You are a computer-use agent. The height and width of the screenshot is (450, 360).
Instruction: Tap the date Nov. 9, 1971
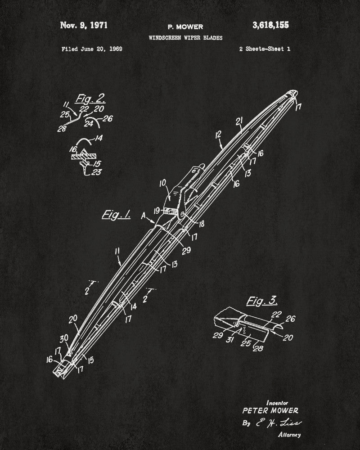pyautogui.click(x=84, y=25)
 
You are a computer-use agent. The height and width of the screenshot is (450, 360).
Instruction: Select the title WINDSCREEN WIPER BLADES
pyautogui.click(x=185, y=38)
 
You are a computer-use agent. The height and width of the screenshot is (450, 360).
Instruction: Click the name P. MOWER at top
pyautogui.click(x=185, y=27)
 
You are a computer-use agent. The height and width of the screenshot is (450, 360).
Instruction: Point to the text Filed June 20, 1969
pyautogui.click(x=92, y=49)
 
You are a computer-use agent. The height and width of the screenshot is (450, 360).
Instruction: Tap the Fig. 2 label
pyautogui.click(x=88, y=98)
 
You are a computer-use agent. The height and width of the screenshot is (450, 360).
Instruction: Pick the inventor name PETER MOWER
pyautogui.click(x=270, y=410)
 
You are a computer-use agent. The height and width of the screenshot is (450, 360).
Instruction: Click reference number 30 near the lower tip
pyautogui.click(x=65, y=337)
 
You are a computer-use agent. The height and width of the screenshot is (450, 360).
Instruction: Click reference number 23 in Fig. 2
pyautogui.click(x=97, y=171)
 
